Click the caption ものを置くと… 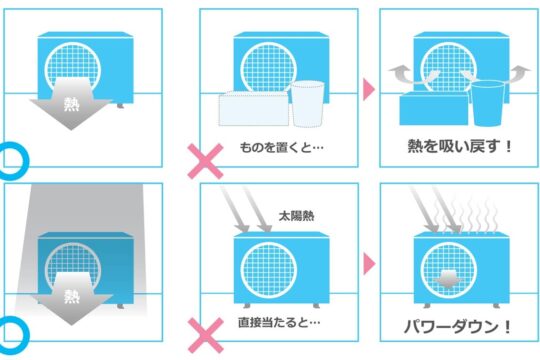[x=281, y=147]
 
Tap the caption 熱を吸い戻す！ [x=460, y=146]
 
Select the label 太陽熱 [x=296, y=216]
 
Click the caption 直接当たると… [x=279, y=322]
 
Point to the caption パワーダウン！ [x=458, y=327]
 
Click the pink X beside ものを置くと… [x=205, y=161]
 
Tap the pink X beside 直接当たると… [x=206, y=336]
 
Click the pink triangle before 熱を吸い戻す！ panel [x=369, y=90]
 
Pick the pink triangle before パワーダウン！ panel [x=369, y=264]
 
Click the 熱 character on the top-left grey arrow [x=72, y=104]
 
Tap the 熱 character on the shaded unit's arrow [x=72, y=296]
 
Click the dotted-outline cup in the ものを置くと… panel [x=307, y=104]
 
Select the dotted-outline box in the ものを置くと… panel [x=254, y=108]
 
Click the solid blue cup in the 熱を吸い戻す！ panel [x=488, y=103]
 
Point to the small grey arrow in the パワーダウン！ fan [x=446, y=279]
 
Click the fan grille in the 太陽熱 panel [x=269, y=270]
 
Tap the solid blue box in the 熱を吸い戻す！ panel [x=434, y=108]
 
